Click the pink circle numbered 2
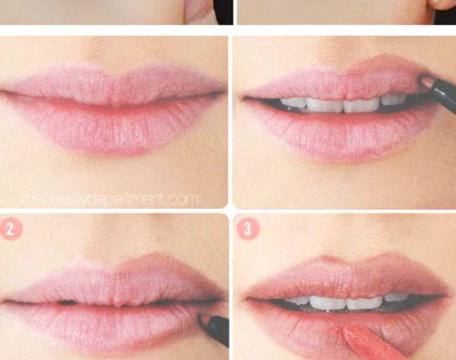point(10,229)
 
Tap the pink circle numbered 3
point(248,229)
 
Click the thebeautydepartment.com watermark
point(110,199)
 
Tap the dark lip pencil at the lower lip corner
point(214,329)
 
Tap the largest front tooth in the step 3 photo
point(328,302)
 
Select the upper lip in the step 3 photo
point(346,278)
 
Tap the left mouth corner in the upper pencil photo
point(244,98)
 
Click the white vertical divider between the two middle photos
point(230,122)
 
